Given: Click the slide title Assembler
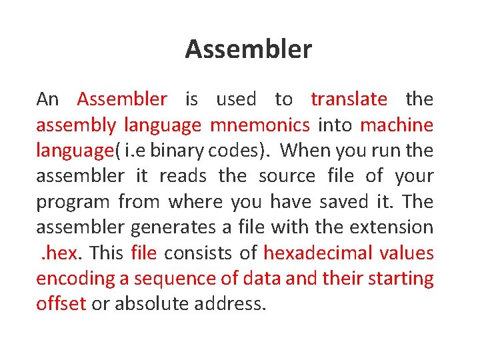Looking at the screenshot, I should (248, 49).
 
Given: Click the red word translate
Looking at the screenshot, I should (349, 99).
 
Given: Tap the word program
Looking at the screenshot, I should (73, 202).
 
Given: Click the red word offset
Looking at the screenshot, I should (61, 304).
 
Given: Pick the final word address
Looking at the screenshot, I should (230, 304).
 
